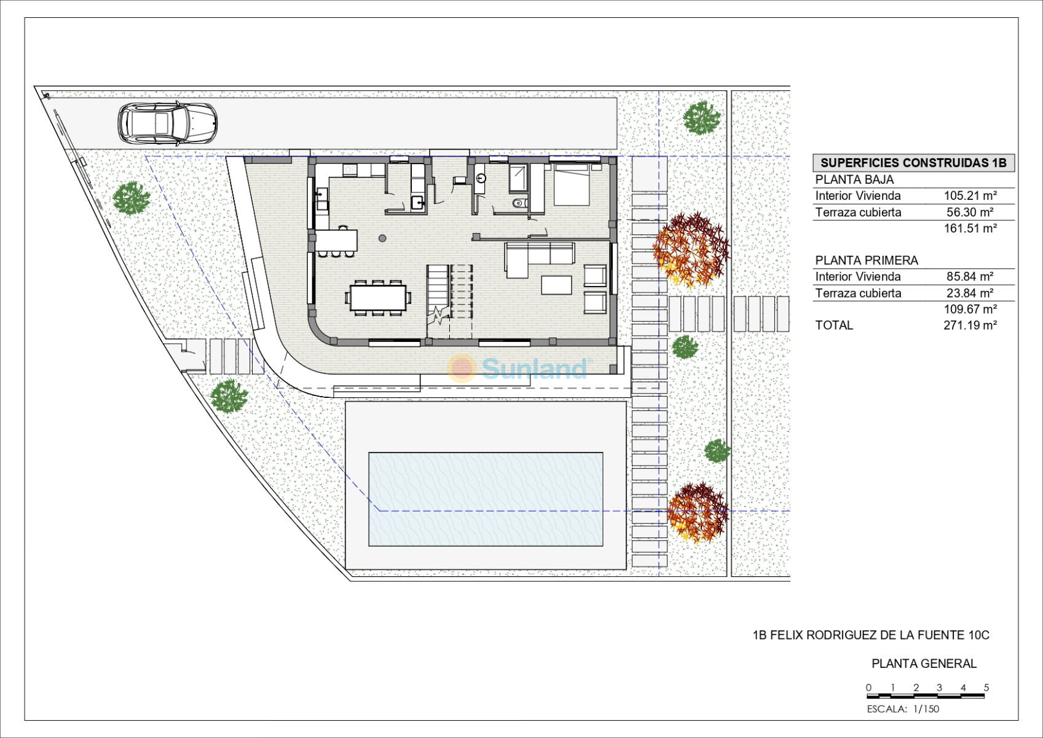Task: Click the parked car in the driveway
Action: (x=167, y=123)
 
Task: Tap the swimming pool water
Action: (x=486, y=499)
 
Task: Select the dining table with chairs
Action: (x=378, y=298)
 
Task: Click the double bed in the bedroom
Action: (x=572, y=184)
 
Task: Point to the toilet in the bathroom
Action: (x=519, y=203)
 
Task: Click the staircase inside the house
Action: (x=450, y=295)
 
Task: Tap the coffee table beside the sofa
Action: (x=556, y=285)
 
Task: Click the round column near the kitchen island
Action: (x=382, y=239)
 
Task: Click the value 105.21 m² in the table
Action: (x=970, y=196)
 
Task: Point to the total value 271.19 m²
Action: (x=970, y=325)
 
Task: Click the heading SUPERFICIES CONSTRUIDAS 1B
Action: (x=913, y=162)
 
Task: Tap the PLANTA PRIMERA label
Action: (x=867, y=260)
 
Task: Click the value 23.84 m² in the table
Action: (x=970, y=293)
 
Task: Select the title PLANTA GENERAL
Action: (x=924, y=664)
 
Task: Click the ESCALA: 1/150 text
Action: (x=903, y=709)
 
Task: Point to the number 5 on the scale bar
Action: (x=986, y=687)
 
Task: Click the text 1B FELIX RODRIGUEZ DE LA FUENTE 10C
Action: (x=871, y=635)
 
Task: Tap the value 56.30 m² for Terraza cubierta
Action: (x=970, y=212)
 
